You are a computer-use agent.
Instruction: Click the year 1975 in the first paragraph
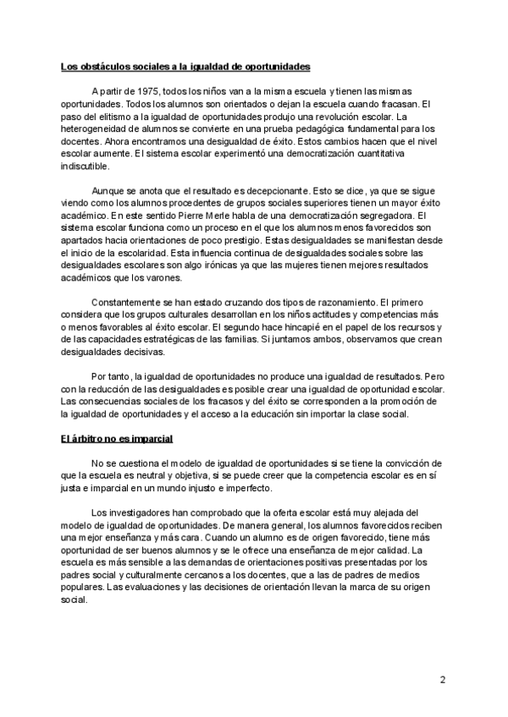pos(138,90)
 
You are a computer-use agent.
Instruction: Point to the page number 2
pos(443,680)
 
